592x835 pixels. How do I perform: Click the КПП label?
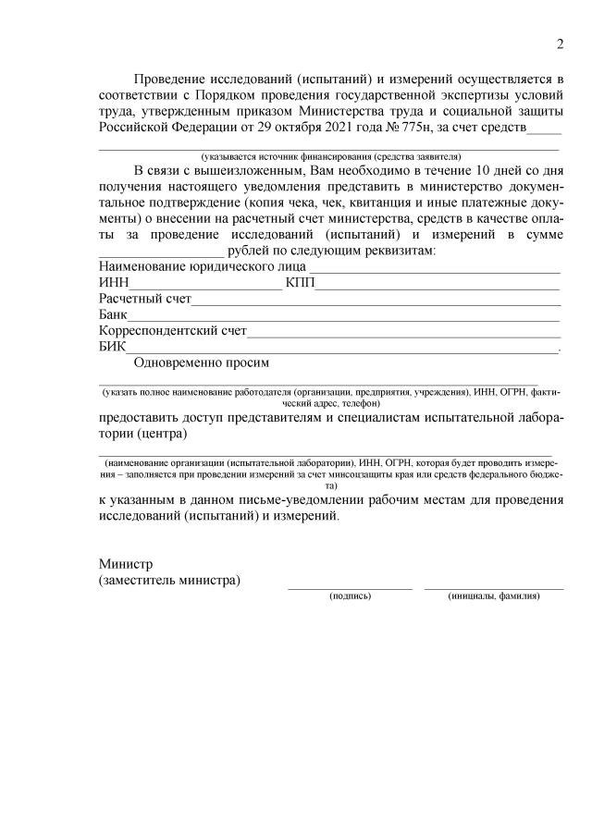pyautogui.click(x=300, y=282)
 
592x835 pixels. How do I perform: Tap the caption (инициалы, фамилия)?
pyautogui.click(x=494, y=596)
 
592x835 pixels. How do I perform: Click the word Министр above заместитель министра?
pyautogui.click(x=126, y=564)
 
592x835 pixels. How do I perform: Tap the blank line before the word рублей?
pyautogui.click(x=161, y=253)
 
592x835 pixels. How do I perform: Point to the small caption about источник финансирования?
pyautogui.click(x=330, y=156)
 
